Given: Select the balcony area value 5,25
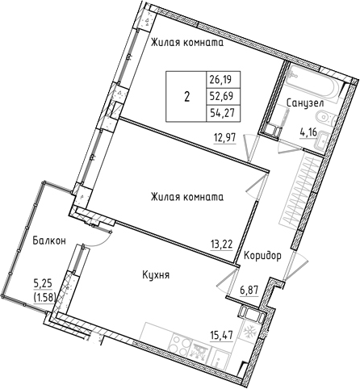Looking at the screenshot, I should coord(42,284).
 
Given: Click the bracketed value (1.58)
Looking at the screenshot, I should coord(42,296).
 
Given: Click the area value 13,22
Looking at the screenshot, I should coord(220,238).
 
